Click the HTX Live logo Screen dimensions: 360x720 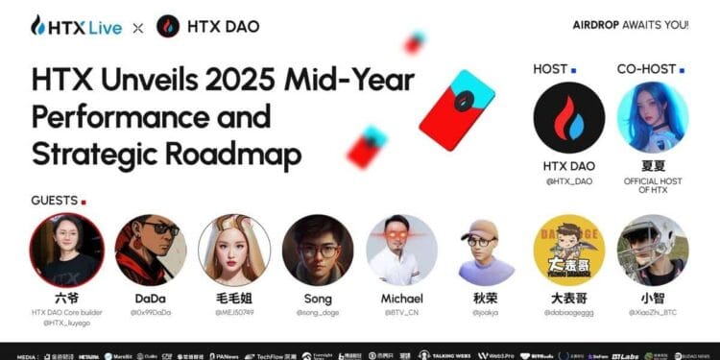(76, 26)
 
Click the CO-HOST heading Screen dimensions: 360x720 (648, 69)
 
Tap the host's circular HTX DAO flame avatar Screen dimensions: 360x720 (568, 117)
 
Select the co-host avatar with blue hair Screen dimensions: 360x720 (653, 117)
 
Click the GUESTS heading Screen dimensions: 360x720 (54, 201)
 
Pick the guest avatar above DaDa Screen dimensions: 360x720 (150, 249)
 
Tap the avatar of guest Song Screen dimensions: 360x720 (318, 249)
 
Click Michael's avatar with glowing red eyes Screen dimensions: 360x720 (401, 249)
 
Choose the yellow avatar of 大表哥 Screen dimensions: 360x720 (569, 249)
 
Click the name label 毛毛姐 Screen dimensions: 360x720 (234, 299)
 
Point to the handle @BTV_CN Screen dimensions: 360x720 (401, 312)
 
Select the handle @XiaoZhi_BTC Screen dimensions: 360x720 (653, 312)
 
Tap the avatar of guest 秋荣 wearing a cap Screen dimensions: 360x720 (485, 249)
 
